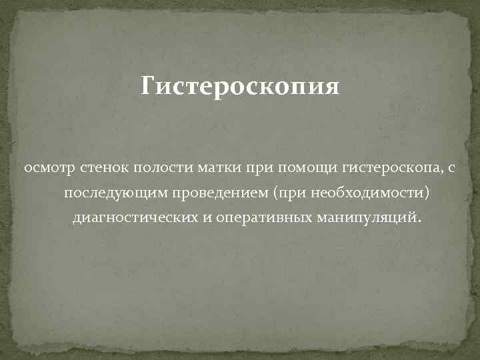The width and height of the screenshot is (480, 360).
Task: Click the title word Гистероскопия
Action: pyautogui.click(x=240, y=87)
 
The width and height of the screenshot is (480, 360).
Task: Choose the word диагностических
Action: pyautogui.click(x=136, y=218)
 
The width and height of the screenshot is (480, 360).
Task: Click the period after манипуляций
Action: pyautogui.click(x=420, y=221)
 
